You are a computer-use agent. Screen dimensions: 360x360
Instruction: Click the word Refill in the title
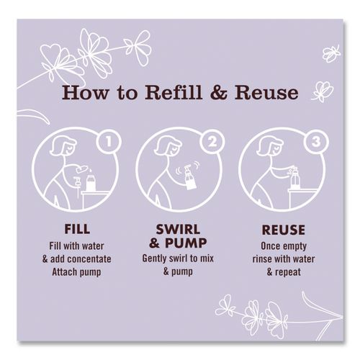[x=174, y=92]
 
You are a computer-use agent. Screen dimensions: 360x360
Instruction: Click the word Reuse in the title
[x=266, y=93]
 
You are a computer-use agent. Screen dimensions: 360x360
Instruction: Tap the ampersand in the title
[x=218, y=93]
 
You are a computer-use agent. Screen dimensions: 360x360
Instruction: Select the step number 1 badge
[x=109, y=142]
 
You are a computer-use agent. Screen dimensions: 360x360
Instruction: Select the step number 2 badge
[x=212, y=142]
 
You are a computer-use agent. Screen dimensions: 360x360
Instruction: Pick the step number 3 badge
[x=316, y=142]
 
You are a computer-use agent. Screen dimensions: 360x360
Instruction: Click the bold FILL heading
[x=77, y=229]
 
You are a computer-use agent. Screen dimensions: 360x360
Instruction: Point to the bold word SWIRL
[x=178, y=230]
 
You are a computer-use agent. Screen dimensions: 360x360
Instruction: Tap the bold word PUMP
[x=186, y=243]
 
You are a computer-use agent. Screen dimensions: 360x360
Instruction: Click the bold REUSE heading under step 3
[x=284, y=230]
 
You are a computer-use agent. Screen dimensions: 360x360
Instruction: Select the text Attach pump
[x=76, y=272]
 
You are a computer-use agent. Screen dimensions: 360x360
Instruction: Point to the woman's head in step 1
[x=63, y=145]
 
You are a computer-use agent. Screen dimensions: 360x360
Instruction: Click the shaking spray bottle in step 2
[x=189, y=177]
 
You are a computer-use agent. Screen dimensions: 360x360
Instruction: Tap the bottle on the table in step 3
[x=295, y=178]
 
